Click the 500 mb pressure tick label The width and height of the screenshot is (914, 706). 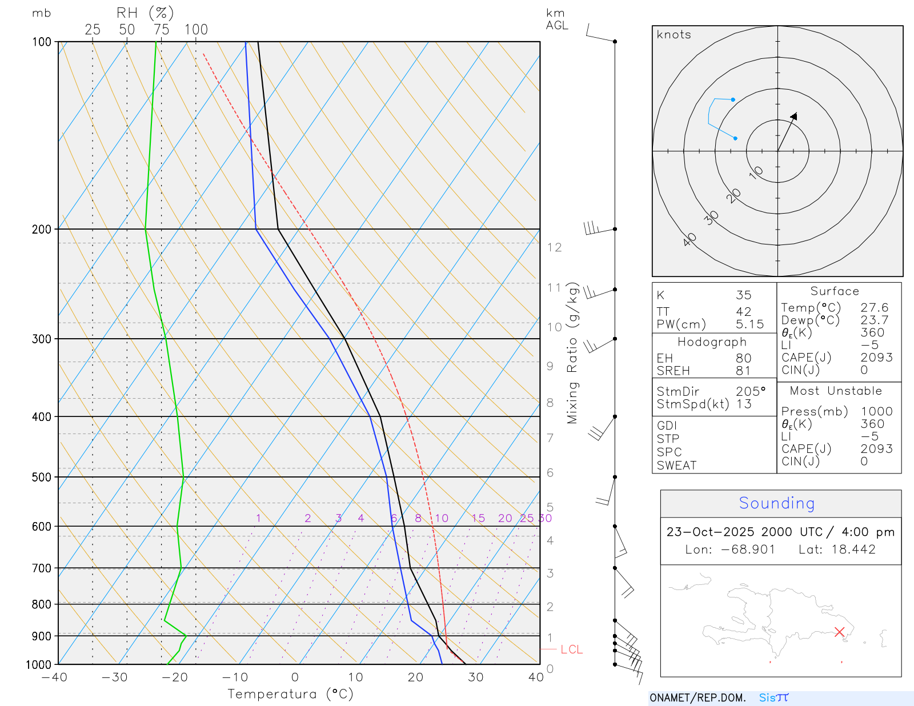click(41, 477)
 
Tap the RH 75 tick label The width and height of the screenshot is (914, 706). click(161, 30)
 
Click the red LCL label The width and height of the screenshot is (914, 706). click(571, 649)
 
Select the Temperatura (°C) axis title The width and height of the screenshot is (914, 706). click(290, 694)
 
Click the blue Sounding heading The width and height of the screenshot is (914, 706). click(776, 503)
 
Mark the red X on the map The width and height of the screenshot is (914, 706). click(839, 632)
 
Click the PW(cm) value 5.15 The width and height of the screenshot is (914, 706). click(749, 324)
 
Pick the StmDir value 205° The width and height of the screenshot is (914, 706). click(750, 392)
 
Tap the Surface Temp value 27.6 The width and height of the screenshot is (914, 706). click(874, 308)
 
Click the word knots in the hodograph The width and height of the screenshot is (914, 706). click(674, 35)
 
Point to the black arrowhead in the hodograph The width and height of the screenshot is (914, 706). click(793, 117)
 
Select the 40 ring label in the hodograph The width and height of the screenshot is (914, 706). click(690, 239)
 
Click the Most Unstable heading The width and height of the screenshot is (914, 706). click(836, 391)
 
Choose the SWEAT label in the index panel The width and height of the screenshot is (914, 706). click(676, 466)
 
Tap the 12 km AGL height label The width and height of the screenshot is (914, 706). click(554, 247)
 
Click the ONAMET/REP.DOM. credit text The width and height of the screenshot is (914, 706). click(697, 698)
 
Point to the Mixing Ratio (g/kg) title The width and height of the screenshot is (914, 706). click(572, 353)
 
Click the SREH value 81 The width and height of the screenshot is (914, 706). click(743, 371)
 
